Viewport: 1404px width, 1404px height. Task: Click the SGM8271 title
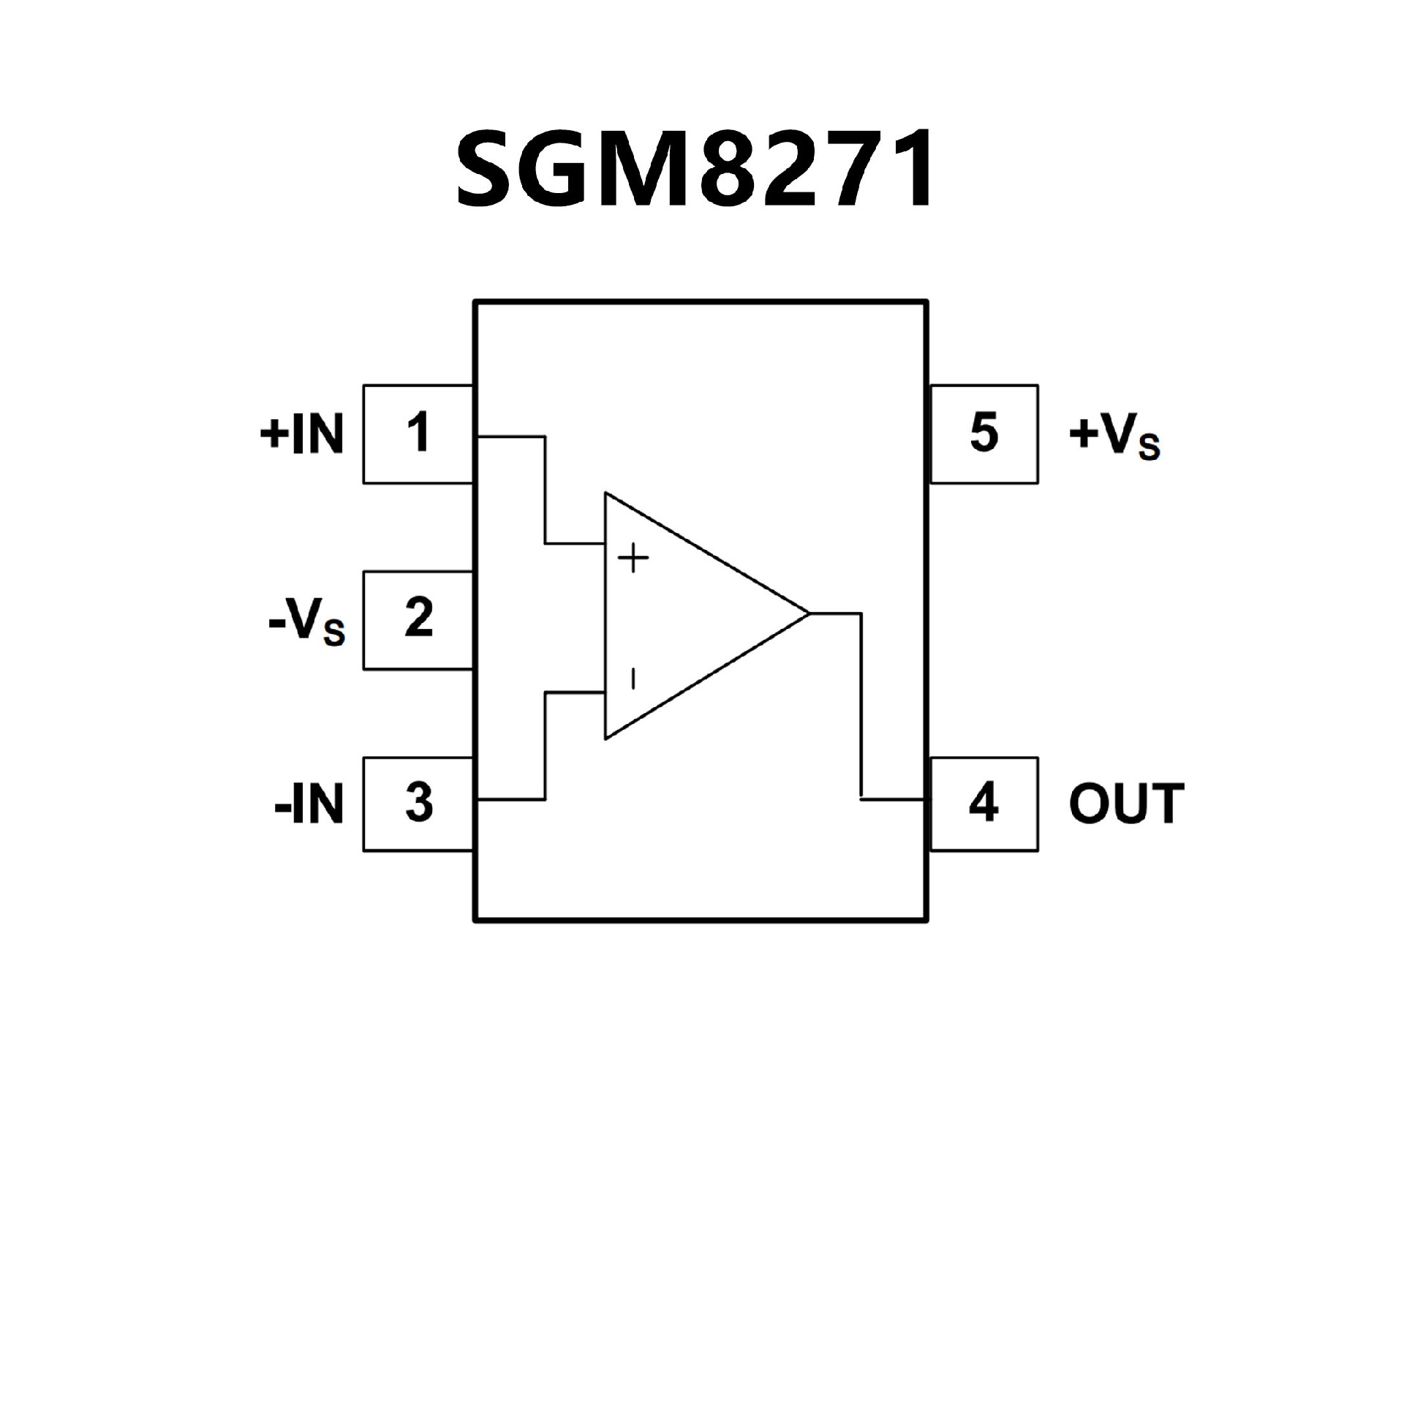(x=694, y=169)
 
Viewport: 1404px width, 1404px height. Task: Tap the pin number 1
(x=418, y=433)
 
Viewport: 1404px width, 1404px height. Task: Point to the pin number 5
(x=984, y=433)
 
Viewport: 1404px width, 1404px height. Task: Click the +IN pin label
(x=301, y=434)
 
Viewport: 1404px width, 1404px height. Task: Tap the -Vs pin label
(x=306, y=622)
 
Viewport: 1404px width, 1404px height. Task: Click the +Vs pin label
(x=1114, y=437)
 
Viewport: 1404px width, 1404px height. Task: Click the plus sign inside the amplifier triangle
(x=633, y=561)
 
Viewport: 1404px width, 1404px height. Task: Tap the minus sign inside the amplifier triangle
(x=633, y=679)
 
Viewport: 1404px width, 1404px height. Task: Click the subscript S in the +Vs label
(x=1149, y=448)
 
